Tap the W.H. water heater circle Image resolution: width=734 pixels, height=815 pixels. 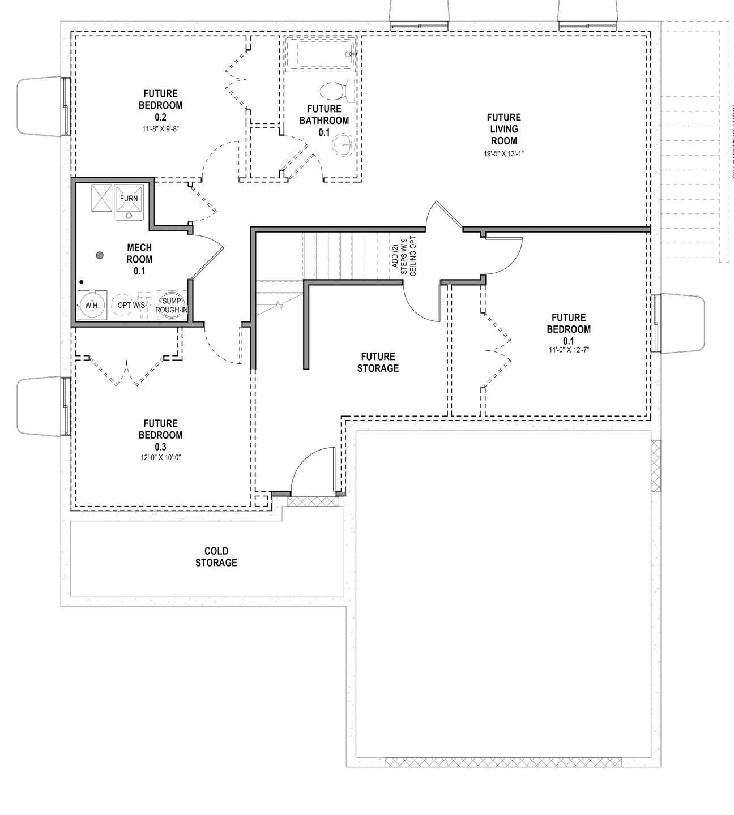click(92, 306)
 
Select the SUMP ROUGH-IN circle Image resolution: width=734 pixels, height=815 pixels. click(171, 306)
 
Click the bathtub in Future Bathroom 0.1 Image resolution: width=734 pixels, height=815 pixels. click(321, 54)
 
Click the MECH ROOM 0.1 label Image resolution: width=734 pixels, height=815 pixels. click(139, 259)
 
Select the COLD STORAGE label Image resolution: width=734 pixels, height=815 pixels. click(216, 557)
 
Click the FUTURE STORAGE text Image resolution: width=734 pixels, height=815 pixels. click(378, 362)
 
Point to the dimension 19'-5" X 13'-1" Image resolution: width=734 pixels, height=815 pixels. click(503, 153)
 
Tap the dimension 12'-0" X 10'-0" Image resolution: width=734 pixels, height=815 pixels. click(160, 458)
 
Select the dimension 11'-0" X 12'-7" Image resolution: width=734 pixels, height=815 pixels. click(568, 350)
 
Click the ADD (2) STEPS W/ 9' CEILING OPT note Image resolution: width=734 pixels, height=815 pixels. click(403, 255)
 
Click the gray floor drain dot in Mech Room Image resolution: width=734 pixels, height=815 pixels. click(100, 255)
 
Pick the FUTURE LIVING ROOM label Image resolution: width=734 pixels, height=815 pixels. click(503, 129)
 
